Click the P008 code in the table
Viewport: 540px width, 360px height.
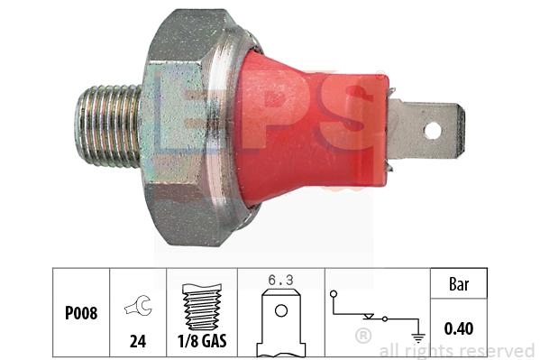(x=81, y=313)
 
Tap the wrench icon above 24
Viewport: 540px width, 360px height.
(x=138, y=306)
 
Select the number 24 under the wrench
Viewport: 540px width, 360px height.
(x=138, y=341)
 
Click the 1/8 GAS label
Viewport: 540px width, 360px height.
(x=202, y=341)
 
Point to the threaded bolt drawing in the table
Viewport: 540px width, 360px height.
(x=202, y=307)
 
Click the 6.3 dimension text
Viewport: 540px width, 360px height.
(x=280, y=280)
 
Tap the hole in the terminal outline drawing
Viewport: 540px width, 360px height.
(x=281, y=310)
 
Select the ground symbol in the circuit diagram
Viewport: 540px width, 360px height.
(x=418, y=338)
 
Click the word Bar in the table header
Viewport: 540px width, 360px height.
(x=459, y=284)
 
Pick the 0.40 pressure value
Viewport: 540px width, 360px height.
(x=458, y=328)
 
